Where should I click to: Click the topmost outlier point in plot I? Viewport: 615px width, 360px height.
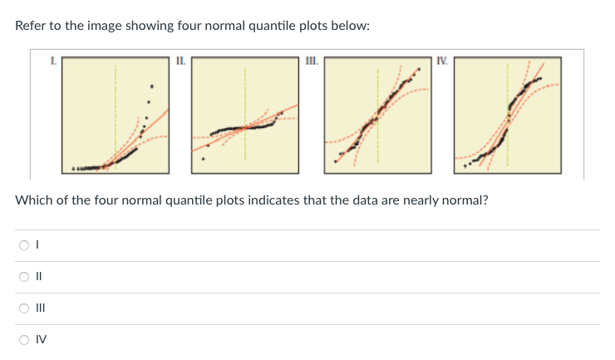click(150, 86)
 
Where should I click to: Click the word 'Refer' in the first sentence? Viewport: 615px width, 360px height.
click(31, 26)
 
